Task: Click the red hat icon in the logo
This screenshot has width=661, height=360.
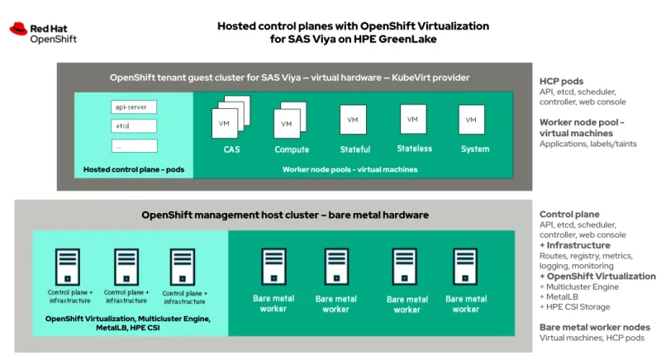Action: click(19, 29)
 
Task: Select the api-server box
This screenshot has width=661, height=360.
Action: click(134, 107)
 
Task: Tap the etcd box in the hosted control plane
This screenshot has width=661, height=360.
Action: click(134, 126)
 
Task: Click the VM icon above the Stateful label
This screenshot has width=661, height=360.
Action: click(353, 120)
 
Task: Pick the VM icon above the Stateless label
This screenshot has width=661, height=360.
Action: click(413, 119)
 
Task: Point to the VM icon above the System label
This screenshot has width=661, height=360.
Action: click(471, 119)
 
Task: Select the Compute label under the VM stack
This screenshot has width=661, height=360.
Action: click(292, 149)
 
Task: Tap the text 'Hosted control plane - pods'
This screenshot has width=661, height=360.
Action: click(133, 169)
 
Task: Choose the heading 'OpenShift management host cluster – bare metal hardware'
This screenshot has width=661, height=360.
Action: click(285, 215)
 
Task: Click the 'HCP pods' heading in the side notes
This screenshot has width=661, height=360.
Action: click(562, 82)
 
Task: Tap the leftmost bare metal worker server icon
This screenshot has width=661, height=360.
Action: click(273, 268)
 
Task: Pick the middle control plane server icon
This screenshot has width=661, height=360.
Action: click(126, 268)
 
